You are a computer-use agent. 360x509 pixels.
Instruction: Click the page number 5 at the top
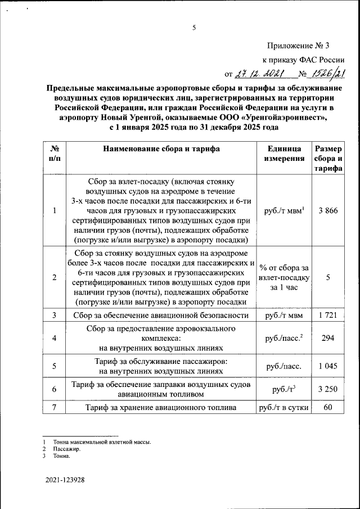coord(193,27)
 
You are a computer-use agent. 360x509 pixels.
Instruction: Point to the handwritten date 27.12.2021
coord(261,73)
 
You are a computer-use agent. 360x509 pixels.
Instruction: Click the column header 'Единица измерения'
coord(284,154)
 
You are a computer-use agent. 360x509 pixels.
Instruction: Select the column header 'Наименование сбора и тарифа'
coord(161,149)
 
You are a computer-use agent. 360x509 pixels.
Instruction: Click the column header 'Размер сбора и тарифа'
coord(327,159)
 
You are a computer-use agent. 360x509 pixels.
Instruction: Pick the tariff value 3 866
coord(327,210)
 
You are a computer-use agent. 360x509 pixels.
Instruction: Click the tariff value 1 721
coord(327,316)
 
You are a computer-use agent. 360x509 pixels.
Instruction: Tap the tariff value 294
coord(327,338)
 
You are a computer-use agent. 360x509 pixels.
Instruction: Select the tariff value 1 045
coord(327,366)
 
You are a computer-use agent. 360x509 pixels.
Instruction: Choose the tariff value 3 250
coord(327,389)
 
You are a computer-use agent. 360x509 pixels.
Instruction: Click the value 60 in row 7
coord(327,407)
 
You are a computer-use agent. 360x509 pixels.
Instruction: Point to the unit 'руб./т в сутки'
coord(284,407)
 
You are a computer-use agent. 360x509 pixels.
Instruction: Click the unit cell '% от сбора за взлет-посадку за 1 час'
coord(284,277)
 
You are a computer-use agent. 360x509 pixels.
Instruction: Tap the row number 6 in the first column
coord(54,389)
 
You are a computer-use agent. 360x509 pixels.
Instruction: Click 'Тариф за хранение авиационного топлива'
coord(161,407)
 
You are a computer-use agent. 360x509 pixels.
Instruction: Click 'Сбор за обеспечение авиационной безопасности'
coord(161,316)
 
